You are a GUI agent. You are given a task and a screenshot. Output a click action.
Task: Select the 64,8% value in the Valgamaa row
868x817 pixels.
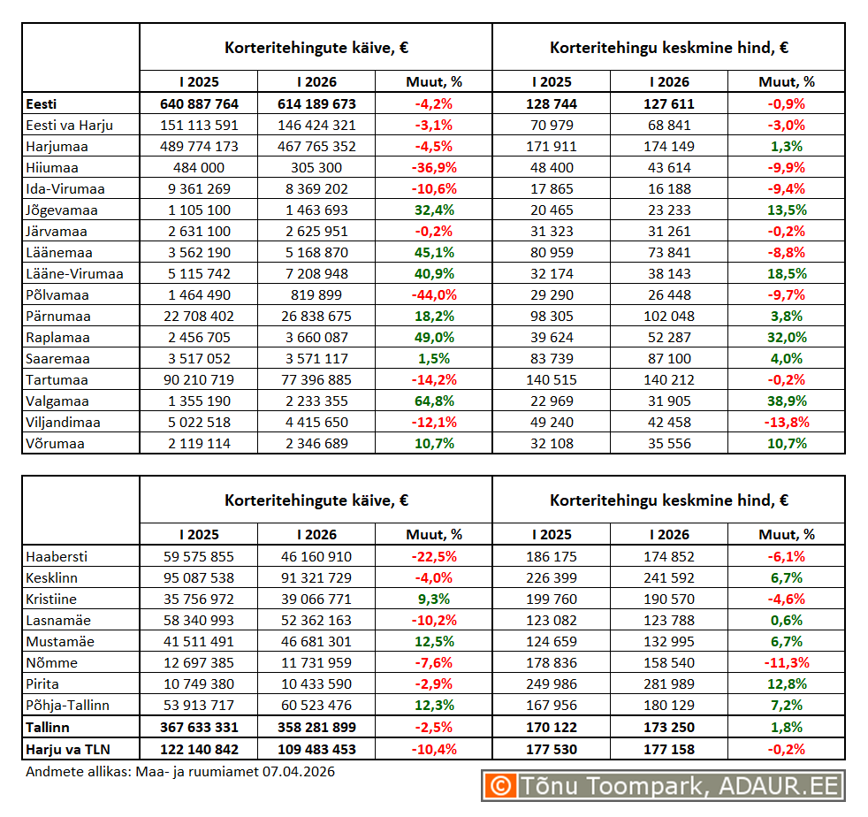pos(433,401)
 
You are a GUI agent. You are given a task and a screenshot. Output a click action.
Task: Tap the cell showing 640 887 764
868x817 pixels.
pos(199,103)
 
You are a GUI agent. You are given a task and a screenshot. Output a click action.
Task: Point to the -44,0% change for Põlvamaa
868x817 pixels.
pos(433,294)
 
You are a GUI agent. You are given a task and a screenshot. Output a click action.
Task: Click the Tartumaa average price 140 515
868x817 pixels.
pos(552,379)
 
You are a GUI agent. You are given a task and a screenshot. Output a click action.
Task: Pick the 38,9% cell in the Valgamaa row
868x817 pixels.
pos(786,401)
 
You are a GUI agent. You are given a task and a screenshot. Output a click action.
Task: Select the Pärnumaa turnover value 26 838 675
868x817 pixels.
pos(316,316)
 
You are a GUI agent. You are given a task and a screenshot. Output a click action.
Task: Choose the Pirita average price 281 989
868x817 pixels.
pos(668,683)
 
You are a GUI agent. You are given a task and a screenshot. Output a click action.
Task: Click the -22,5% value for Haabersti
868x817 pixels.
pos(433,556)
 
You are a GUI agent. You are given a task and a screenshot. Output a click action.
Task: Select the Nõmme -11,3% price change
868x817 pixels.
pos(786,662)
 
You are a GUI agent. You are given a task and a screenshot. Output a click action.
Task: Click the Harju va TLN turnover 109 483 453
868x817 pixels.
pos(316,748)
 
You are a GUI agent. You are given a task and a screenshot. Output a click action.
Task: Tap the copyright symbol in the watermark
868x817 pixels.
pos(501,785)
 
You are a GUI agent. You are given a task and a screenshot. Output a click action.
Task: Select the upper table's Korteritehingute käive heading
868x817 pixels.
pos(316,48)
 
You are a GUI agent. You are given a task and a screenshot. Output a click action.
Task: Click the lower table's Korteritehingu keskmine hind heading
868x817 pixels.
pos(668,500)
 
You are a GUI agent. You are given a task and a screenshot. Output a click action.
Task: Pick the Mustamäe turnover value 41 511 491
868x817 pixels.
pos(199,641)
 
